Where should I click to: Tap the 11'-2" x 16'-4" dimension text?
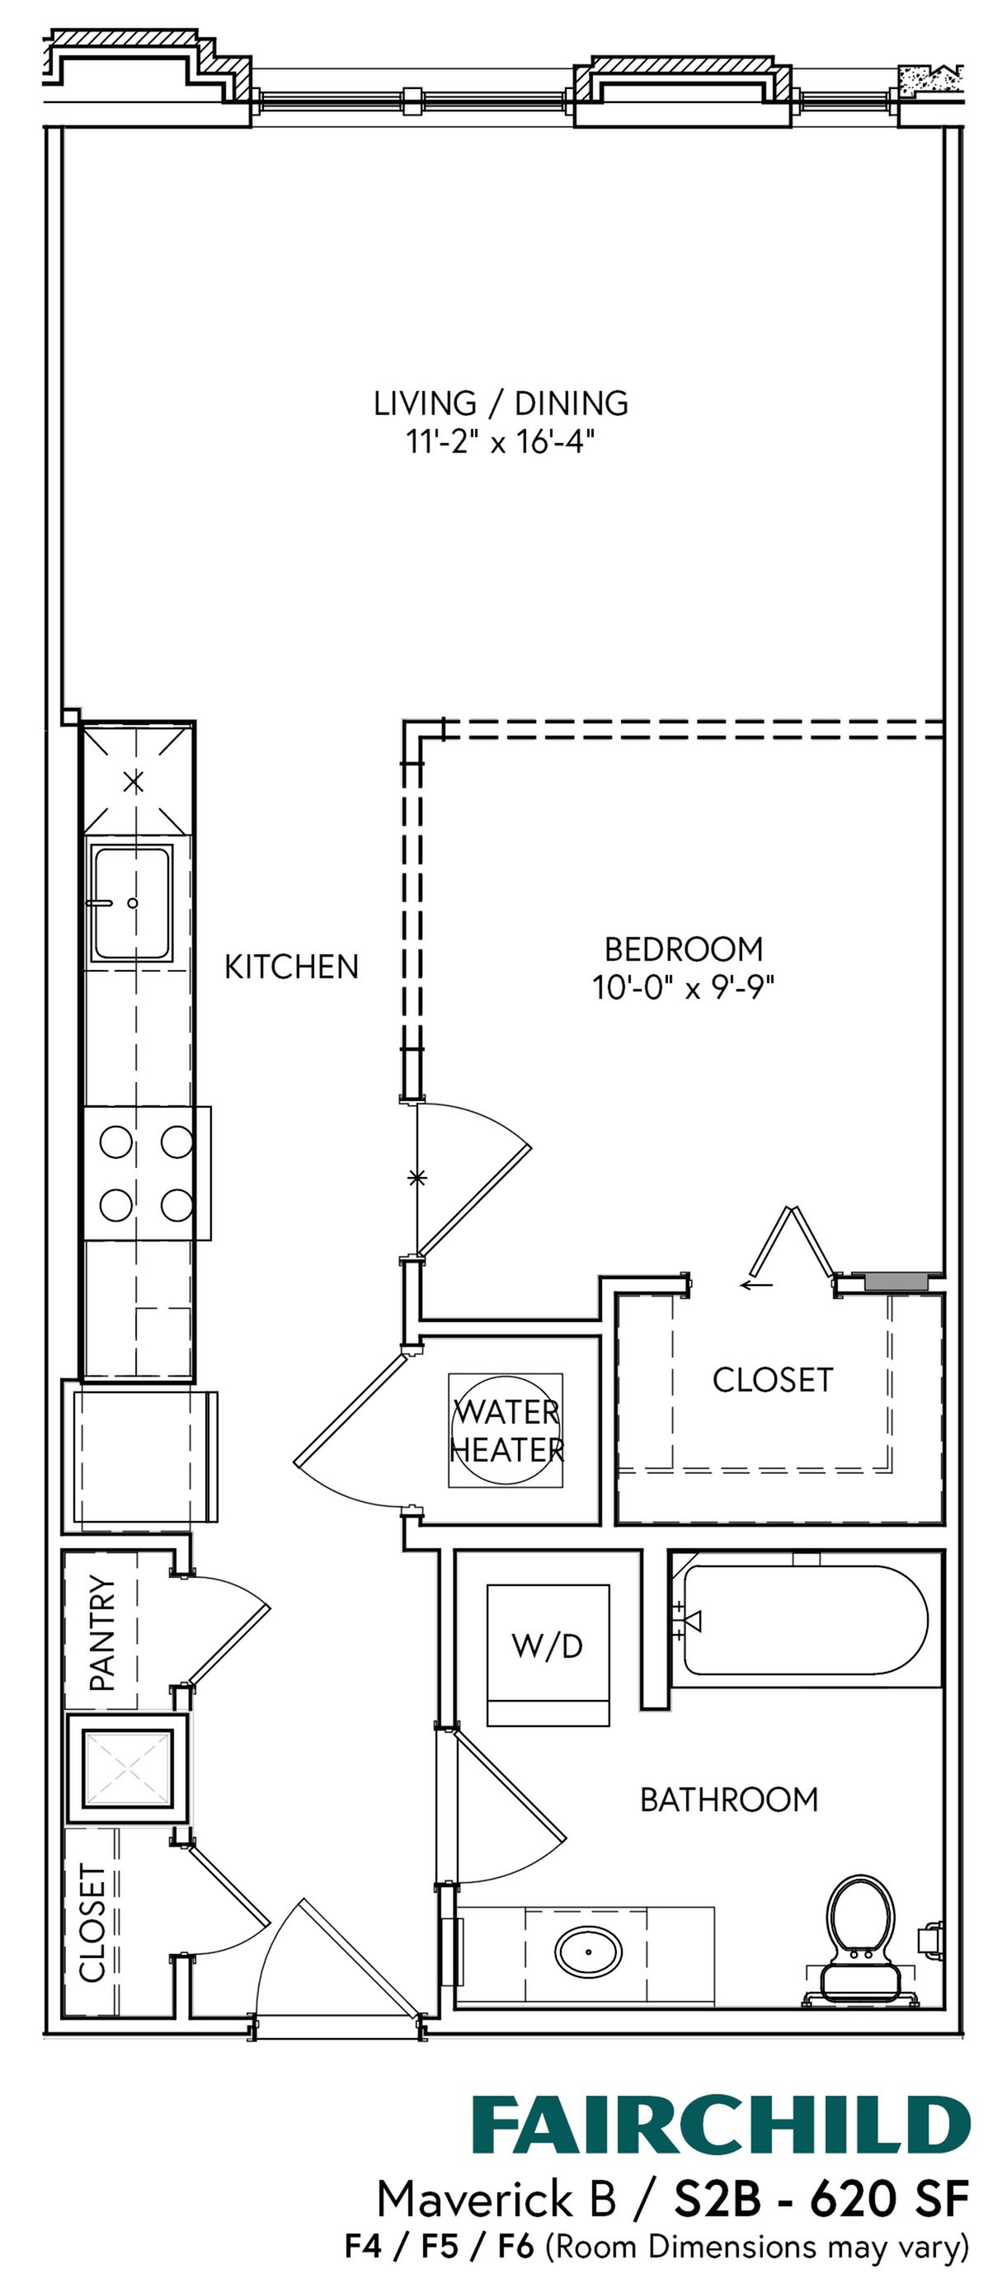pos(500,441)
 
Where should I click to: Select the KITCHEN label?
pos(291,967)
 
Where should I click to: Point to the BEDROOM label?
pos(683,949)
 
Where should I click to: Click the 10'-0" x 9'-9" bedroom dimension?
pos(683,986)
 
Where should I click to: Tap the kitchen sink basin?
pos(130,903)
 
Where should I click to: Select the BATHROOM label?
pos(728,1800)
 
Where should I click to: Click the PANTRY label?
pos(102,1632)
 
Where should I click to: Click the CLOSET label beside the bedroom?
pos(772,1379)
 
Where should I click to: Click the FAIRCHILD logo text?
pos(719,2126)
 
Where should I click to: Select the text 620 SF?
pos(888,2199)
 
